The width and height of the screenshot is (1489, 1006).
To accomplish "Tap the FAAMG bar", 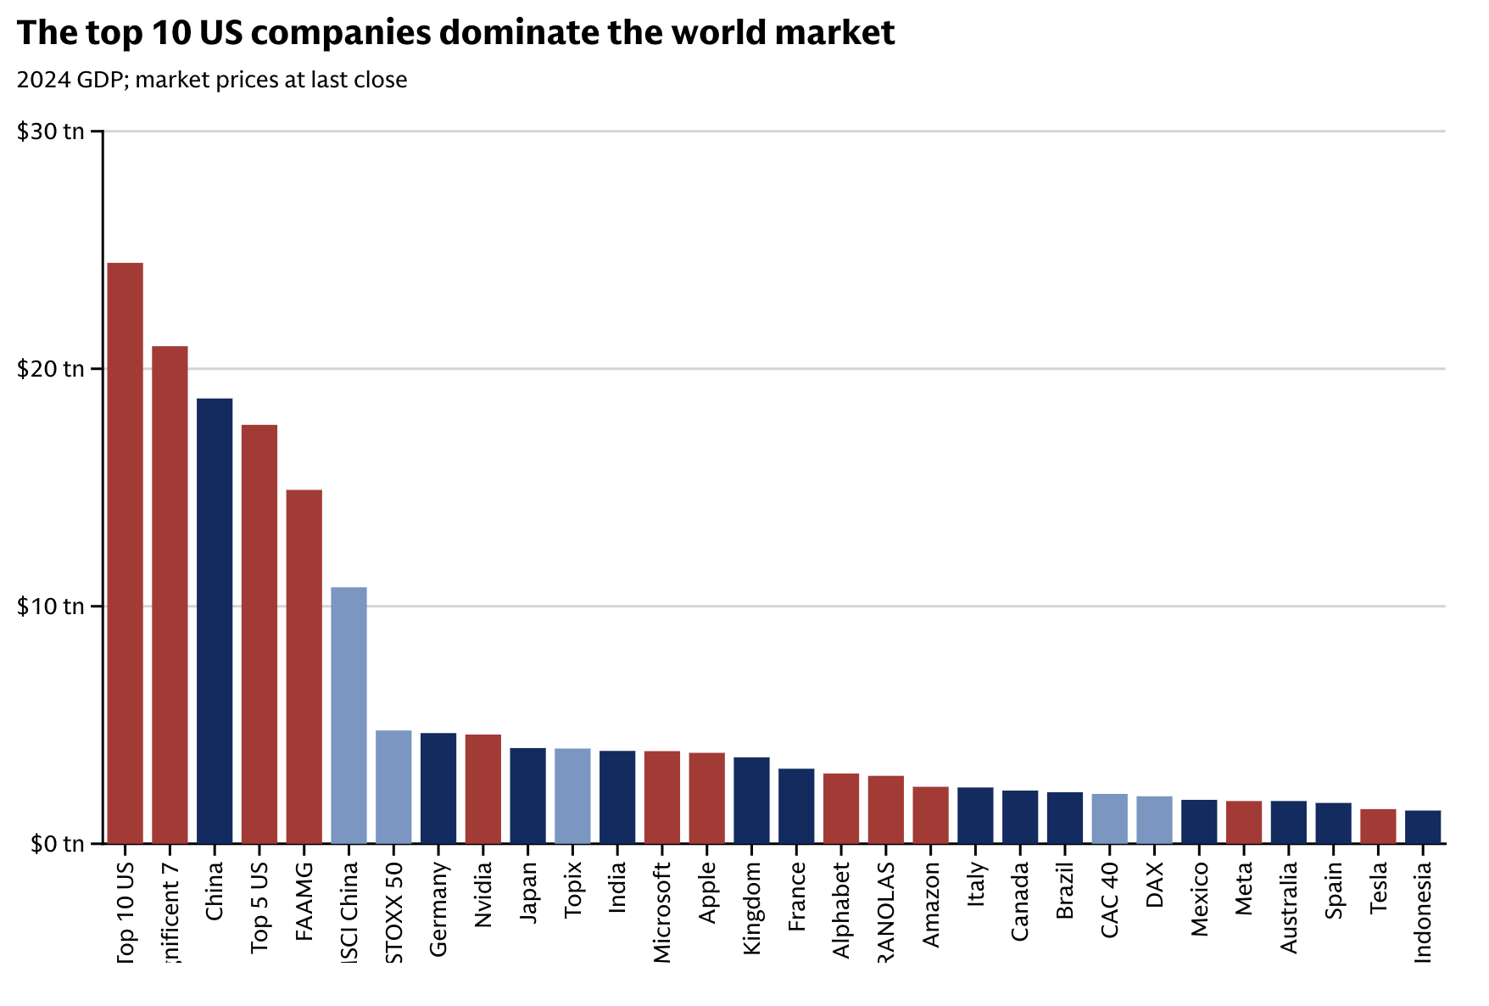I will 304,667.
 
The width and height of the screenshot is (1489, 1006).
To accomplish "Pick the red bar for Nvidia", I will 483,789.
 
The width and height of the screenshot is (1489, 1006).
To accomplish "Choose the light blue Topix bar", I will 572,796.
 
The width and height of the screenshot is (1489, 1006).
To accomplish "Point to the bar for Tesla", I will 1378,826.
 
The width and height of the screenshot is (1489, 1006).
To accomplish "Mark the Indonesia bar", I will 1423,827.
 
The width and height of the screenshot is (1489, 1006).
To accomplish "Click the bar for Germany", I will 438,788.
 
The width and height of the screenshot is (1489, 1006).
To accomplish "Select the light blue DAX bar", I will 1154,819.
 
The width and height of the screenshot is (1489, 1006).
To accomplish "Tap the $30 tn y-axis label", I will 51,131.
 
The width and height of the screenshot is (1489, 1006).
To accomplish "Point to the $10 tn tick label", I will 51,606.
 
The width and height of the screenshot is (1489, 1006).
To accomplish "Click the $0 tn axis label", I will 57,844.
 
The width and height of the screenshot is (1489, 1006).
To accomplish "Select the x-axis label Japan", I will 528,892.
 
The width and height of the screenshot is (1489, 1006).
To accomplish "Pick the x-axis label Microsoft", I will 662,913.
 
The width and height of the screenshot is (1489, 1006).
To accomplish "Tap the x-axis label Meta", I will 1244,888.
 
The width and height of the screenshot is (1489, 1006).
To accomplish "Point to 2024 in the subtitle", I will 43,80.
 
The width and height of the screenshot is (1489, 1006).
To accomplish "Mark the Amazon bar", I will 930,815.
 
